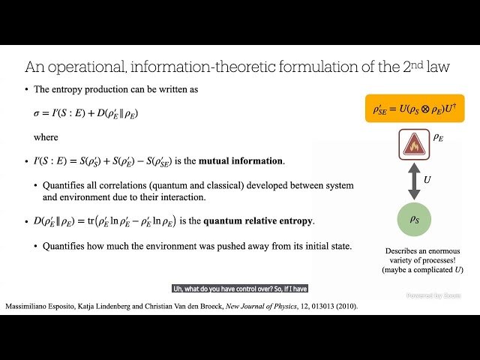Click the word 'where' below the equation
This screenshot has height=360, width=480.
(x=46, y=137)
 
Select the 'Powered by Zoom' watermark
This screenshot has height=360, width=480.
(x=433, y=295)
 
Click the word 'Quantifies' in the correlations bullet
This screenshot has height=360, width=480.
(x=64, y=185)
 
